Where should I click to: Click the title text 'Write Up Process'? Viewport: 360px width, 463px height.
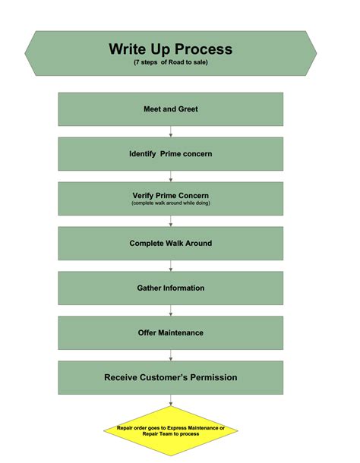coord(170,49)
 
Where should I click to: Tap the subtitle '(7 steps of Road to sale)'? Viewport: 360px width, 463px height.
coord(170,62)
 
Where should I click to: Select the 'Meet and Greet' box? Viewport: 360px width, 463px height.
coord(170,109)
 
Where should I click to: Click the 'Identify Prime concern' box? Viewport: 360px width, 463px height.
coord(170,154)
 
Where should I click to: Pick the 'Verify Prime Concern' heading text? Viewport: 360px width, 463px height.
coord(170,196)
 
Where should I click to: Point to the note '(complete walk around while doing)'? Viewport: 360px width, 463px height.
coord(170,203)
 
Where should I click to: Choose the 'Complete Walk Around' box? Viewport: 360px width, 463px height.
coord(170,244)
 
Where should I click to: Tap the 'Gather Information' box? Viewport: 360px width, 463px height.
coord(170,288)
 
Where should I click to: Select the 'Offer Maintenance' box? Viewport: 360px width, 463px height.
coord(170,333)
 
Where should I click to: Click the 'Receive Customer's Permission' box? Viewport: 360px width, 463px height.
coord(170,377)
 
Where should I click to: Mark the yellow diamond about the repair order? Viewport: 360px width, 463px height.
coord(171,431)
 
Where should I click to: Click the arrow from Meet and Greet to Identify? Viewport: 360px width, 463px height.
coord(171,131)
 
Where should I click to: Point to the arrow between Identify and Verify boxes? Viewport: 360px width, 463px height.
coord(171,176)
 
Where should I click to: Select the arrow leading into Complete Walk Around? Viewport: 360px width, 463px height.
coord(171,221)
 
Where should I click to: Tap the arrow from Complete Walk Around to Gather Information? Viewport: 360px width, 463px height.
coord(171,266)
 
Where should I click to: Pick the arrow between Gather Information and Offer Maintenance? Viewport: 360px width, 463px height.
coord(171,310)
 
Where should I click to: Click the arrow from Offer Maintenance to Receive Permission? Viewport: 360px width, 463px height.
coord(171,355)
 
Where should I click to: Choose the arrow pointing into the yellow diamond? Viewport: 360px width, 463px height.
coord(171,400)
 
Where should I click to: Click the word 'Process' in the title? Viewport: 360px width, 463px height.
coord(203,49)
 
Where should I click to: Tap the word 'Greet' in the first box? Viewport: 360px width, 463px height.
coord(188,109)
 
